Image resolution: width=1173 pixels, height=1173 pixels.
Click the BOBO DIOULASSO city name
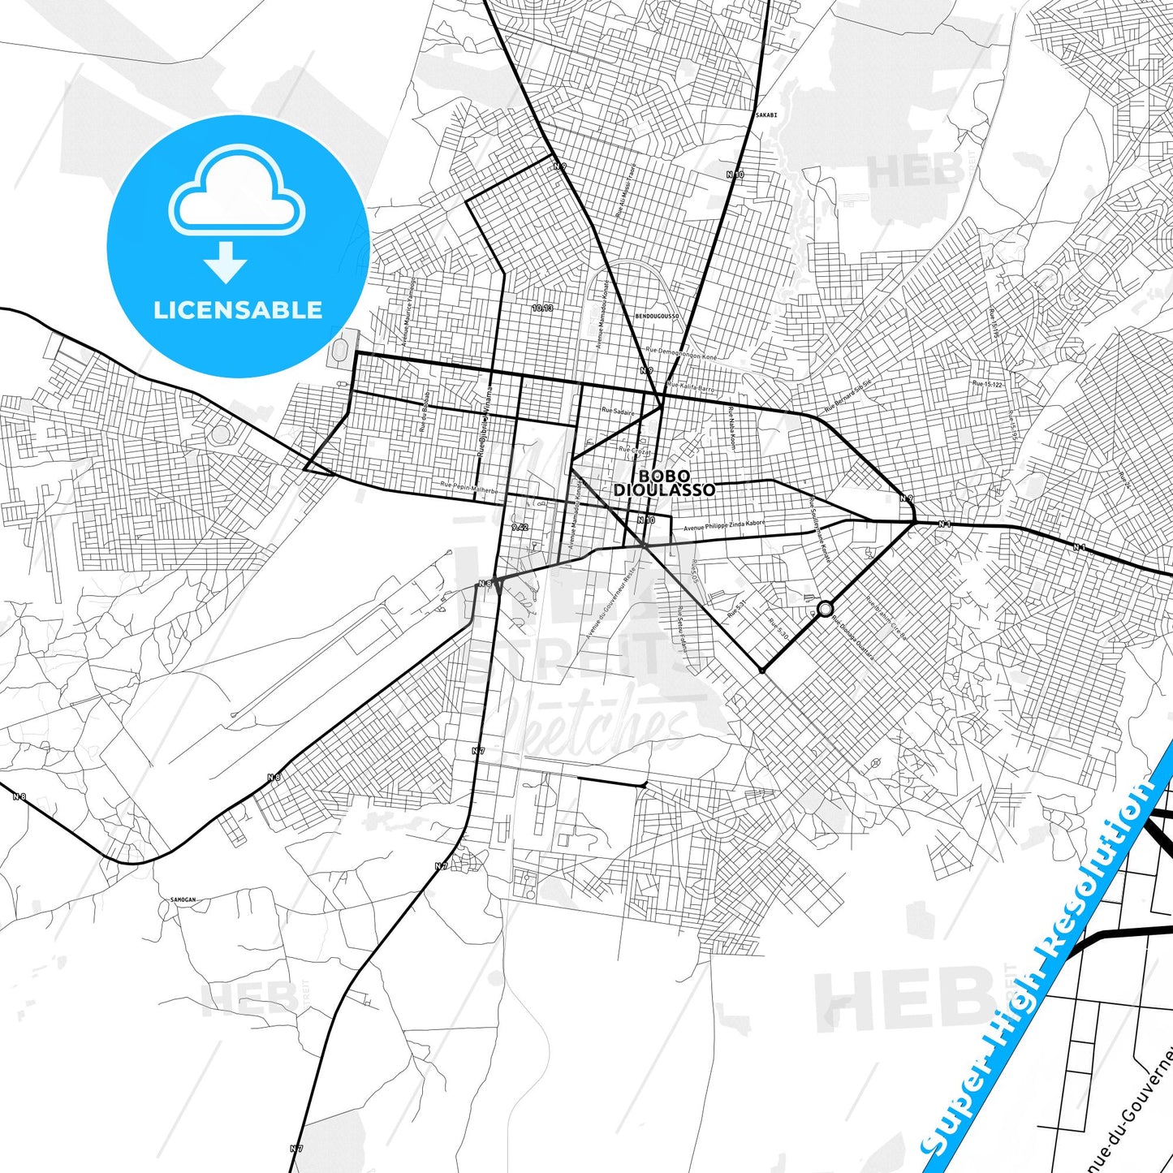click(664, 483)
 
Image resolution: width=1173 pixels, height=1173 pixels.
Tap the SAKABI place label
click(765, 115)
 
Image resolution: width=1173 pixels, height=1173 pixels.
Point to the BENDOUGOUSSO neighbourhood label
click(656, 316)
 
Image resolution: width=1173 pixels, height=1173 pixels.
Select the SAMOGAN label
click(183, 900)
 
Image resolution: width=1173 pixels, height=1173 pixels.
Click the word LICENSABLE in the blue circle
click(238, 310)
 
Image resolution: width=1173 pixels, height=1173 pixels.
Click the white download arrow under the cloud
click(226, 261)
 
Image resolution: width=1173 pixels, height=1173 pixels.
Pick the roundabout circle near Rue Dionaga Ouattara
click(826, 609)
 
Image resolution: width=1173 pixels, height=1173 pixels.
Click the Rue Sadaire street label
click(618, 412)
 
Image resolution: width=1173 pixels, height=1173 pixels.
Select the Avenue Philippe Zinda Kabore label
click(724, 526)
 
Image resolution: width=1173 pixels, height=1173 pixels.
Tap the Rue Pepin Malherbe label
click(469, 488)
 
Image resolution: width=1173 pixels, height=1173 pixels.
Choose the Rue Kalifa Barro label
click(692, 388)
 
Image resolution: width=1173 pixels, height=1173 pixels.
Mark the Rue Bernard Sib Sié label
click(847, 395)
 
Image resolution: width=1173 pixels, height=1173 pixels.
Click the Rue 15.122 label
click(987, 384)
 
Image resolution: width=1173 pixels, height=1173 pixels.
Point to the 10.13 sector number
click(542, 308)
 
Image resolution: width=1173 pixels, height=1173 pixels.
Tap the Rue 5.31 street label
click(736, 607)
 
